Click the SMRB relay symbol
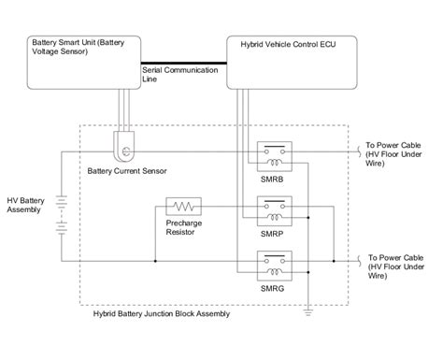(273, 153)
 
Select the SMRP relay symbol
(273, 209)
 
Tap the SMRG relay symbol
(273, 263)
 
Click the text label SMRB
(273, 177)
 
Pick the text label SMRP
(273, 232)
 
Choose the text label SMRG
(273, 287)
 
